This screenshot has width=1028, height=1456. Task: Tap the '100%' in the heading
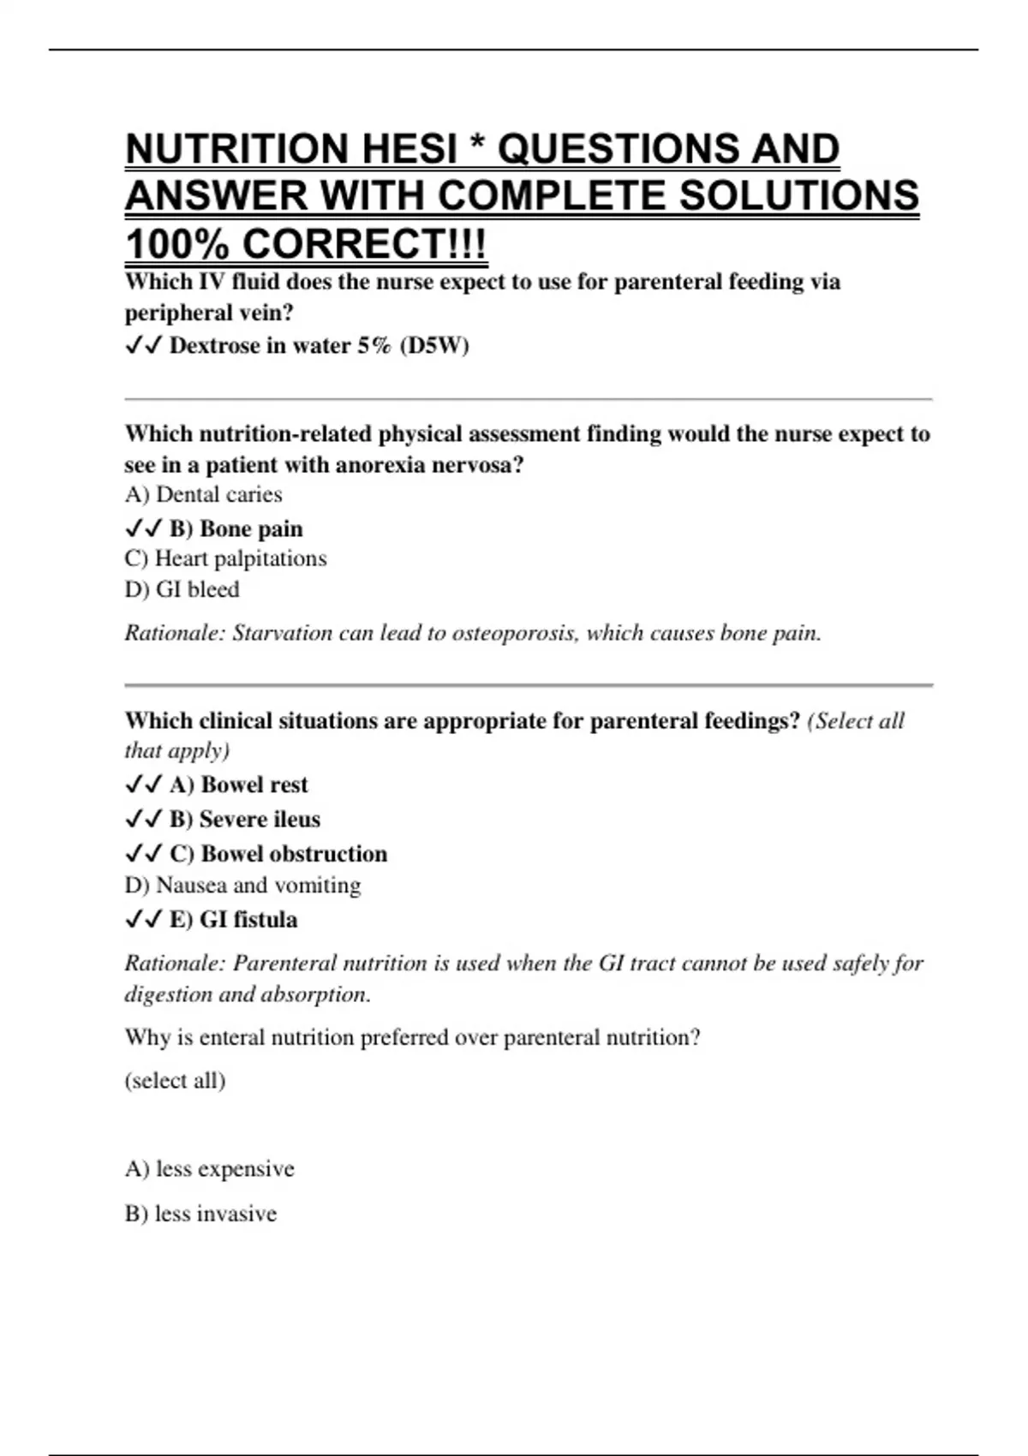tap(176, 245)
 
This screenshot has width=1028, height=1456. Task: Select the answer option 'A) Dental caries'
tap(203, 495)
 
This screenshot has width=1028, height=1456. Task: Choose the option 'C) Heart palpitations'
tap(225, 558)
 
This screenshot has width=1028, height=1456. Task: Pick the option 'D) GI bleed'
tap(182, 589)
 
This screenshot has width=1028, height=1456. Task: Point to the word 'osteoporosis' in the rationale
tap(514, 634)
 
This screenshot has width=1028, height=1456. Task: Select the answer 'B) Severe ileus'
tap(244, 820)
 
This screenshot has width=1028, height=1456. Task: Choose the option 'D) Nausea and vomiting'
tap(242, 885)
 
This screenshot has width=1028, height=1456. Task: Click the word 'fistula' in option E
tap(265, 920)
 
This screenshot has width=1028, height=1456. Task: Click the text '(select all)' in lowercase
tap(175, 1080)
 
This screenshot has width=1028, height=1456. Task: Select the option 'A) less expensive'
tap(209, 1169)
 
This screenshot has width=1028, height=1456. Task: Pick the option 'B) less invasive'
tap(200, 1214)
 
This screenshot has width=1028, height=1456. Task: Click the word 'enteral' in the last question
tap(232, 1038)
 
